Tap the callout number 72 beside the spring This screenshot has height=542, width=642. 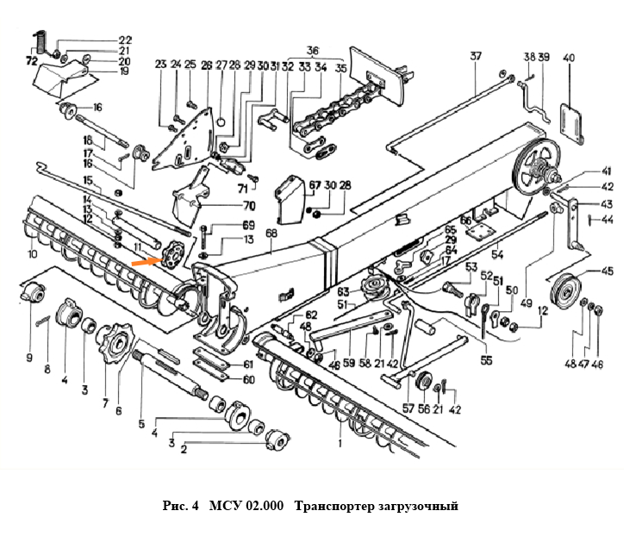[32, 62]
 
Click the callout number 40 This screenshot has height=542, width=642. [568, 58]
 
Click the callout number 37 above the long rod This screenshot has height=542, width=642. [476, 58]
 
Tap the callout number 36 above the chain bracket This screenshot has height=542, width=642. [312, 50]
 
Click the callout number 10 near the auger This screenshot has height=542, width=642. [32, 255]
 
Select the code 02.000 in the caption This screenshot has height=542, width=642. [265, 506]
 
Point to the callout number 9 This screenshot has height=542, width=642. [30, 357]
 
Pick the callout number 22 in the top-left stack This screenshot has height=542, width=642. [126, 40]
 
